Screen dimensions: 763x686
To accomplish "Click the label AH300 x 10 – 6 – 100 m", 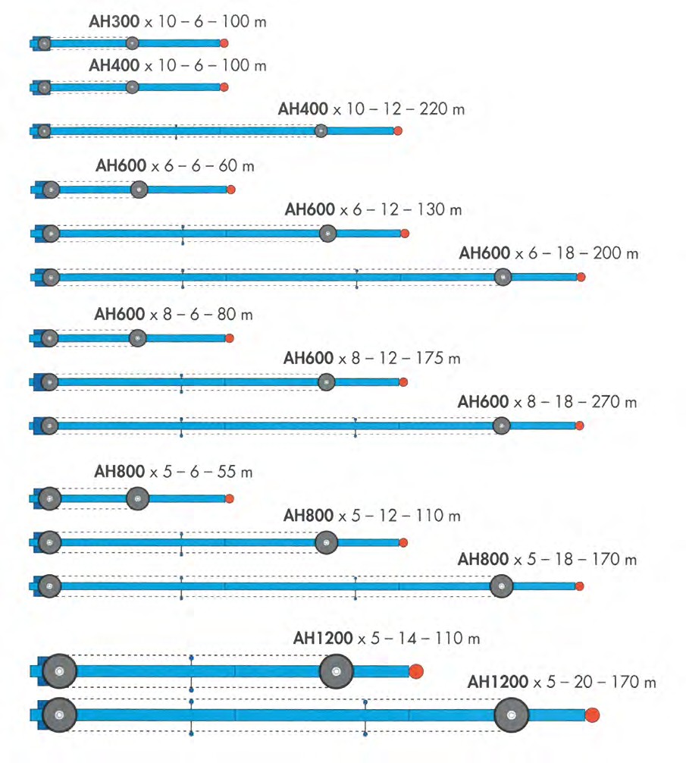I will point(177,22).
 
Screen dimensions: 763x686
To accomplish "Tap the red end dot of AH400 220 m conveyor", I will point(398,131).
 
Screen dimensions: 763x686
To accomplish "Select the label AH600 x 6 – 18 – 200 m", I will point(548,253).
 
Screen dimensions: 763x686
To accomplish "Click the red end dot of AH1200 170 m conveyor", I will point(592,714).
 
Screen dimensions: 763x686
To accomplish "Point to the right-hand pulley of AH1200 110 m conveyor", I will point(337,671).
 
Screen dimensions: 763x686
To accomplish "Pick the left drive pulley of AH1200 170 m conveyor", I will point(59,714).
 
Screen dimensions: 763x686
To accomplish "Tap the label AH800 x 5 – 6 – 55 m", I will point(173,472).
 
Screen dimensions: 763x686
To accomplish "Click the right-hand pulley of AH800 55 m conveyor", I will point(138,499).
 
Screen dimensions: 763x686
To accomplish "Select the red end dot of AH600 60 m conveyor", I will point(231,190).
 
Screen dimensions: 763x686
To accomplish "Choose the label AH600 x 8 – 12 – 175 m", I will point(371,359).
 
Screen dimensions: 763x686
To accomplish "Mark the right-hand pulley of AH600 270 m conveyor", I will point(502,426).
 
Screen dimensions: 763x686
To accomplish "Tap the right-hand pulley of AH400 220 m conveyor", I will point(321,131).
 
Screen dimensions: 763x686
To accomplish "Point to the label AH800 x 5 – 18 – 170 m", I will point(547,560).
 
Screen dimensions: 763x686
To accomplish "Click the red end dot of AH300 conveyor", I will point(224,44).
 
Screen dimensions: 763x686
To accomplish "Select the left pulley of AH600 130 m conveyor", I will point(51,234).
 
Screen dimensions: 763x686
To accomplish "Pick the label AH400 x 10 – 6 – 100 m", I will point(177,66).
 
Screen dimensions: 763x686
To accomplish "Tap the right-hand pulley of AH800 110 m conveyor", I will point(326,542).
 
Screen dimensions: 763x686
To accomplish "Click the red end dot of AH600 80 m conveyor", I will point(230,338).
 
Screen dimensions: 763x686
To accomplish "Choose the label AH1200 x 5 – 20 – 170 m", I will point(562,683).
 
